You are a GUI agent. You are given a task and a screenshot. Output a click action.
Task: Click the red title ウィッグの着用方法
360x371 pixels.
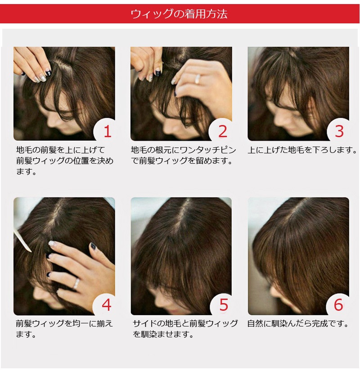[x=179, y=14]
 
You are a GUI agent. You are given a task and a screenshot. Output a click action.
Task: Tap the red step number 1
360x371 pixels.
[x=108, y=132]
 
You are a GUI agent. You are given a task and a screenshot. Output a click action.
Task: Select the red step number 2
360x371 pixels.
[x=223, y=132]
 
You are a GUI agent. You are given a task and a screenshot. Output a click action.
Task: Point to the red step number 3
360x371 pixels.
[x=339, y=132]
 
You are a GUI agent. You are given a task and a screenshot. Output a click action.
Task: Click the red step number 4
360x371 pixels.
[x=107, y=305]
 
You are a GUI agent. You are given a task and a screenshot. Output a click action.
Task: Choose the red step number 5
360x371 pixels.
[x=223, y=305]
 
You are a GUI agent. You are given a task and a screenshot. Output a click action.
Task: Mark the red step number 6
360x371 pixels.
[x=338, y=305]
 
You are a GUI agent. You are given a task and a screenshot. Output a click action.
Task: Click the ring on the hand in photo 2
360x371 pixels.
[x=198, y=79]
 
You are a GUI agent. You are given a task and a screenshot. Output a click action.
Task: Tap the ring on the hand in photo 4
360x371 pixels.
[x=76, y=283]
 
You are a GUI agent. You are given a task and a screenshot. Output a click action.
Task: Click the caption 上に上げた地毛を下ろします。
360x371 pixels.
[x=302, y=150]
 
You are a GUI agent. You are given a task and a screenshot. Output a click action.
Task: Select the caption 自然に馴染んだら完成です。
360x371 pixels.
[x=298, y=323]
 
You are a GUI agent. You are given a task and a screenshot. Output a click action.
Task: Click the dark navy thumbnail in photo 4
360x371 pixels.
[x=92, y=246]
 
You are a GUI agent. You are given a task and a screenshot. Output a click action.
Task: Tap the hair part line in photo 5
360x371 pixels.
[x=184, y=218]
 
